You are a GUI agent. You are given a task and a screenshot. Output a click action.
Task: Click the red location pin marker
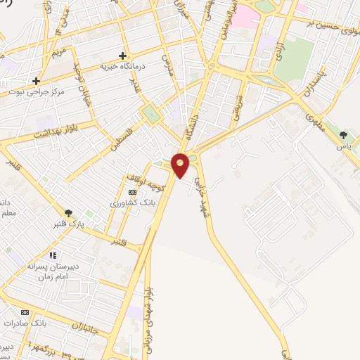(x=181, y=165)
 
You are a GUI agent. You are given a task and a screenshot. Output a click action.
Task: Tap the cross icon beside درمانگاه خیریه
(x=122, y=56)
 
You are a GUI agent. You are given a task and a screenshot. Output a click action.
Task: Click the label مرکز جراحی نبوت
(x=35, y=91)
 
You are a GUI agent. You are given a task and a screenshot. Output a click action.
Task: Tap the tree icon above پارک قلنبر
(x=68, y=213)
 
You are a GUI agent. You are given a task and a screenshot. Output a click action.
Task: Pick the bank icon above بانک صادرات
(x=25, y=312)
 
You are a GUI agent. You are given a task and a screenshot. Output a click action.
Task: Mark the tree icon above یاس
(x=344, y=135)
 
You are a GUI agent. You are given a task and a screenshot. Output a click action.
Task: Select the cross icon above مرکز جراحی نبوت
(x=35, y=80)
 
